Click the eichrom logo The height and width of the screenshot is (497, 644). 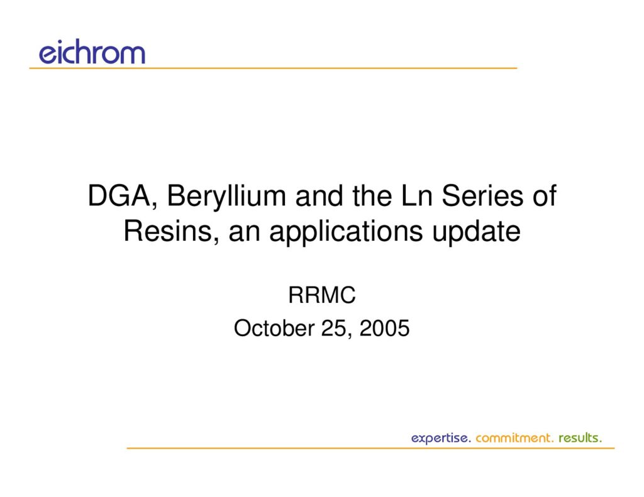pos(92,52)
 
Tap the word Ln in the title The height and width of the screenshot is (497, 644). pos(416,196)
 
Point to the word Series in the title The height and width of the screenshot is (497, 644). pos(482,195)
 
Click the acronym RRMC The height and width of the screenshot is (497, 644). pos(321,295)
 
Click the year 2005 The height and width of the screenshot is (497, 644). pos(384,329)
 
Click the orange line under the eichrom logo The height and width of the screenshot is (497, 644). pos(273,68)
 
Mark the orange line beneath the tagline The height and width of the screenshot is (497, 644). pos(370,448)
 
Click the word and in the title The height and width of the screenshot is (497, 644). pos(319,196)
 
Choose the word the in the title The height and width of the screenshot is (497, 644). pos(372,196)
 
